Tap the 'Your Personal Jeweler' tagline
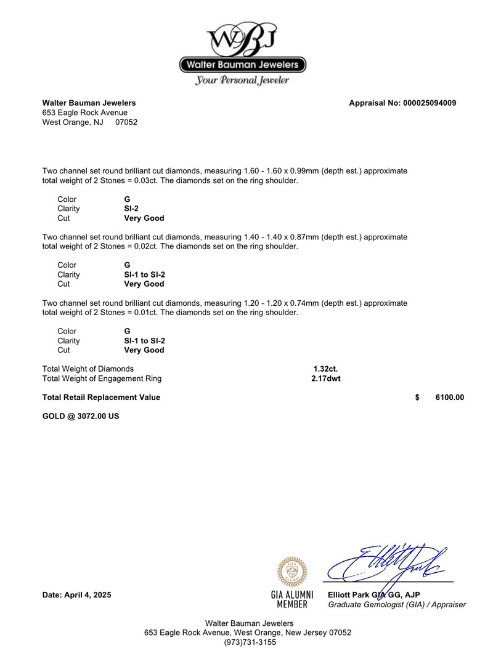pos(242,81)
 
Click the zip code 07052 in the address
pos(126,122)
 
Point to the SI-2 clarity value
pos(131,209)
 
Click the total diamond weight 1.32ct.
pos(325,369)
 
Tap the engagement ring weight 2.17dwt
pos(325,378)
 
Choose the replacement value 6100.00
pos(449,397)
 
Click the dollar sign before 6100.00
pos(417,397)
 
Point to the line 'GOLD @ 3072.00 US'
pos(81,416)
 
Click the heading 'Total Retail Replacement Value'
pos(101,397)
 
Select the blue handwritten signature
pos(385,563)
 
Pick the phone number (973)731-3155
pos(250,642)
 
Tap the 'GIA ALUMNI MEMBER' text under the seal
pos(292,600)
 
